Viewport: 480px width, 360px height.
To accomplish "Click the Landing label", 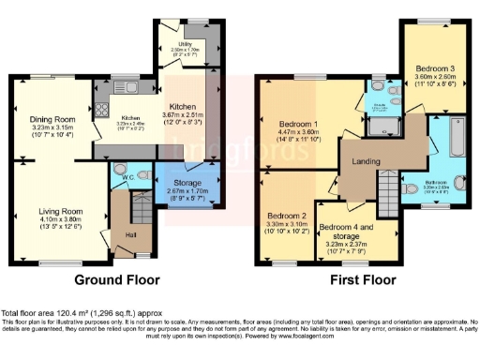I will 366,161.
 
